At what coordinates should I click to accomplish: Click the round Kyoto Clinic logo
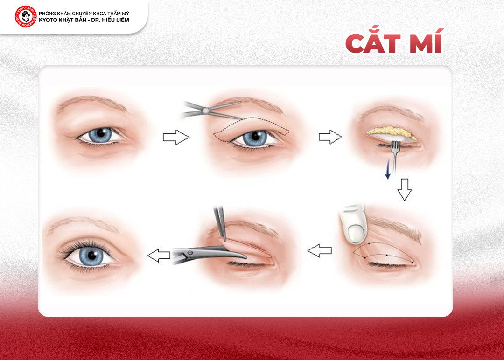tap(25, 16)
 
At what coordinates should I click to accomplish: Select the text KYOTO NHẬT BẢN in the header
tap(63, 20)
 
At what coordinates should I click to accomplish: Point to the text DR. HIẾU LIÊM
tap(110, 20)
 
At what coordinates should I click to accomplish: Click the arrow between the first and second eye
tap(176, 137)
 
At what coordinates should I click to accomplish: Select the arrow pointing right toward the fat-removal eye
tap(330, 137)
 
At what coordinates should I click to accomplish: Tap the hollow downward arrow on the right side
tap(404, 190)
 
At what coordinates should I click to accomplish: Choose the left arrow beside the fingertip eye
tap(320, 250)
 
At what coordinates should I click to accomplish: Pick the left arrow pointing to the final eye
tap(159, 255)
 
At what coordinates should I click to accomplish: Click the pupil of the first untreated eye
tap(101, 133)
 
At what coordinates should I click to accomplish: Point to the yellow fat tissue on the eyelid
tap(392, 132)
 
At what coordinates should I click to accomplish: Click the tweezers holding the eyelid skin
tap(220, 223)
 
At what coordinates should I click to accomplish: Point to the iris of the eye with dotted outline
tap(255, 138)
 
